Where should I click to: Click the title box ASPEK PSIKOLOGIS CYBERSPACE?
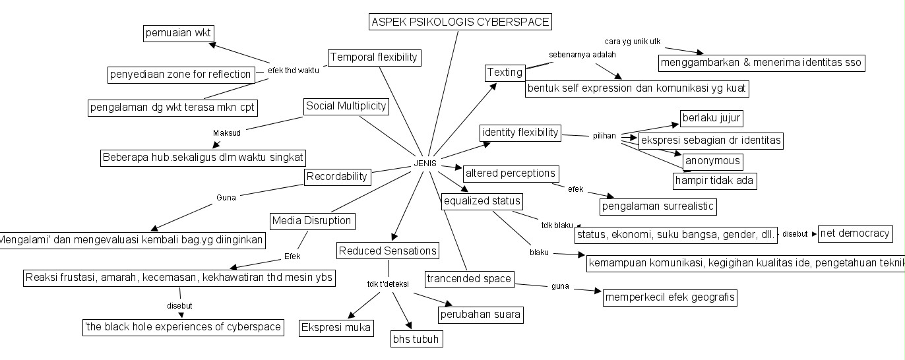[x=460, y=22]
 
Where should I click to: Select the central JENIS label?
[x=425, y=164]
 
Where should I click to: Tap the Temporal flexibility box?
[x=374, y=57]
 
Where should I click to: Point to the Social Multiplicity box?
[x=346, y=106]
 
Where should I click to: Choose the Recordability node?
[x=337, y=176]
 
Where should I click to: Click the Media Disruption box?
[x=311, y=220]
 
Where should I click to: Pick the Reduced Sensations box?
[x=387, y=251]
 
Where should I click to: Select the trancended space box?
[x=468, y=279]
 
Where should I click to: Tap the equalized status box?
[x=482, y=200]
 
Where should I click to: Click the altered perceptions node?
[x=511, y=173]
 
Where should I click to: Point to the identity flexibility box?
[x=520, y=133]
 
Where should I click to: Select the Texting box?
[x=505, y=72]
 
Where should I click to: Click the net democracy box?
[x=855, y=233]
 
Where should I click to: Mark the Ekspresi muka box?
[x=336, y=328]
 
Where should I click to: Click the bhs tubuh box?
[x=416, y=339]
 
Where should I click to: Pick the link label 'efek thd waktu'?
[x=293, y=70]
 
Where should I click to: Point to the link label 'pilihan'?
[x=604, y=136]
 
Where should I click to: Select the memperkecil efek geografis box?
[x=670, y=297]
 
